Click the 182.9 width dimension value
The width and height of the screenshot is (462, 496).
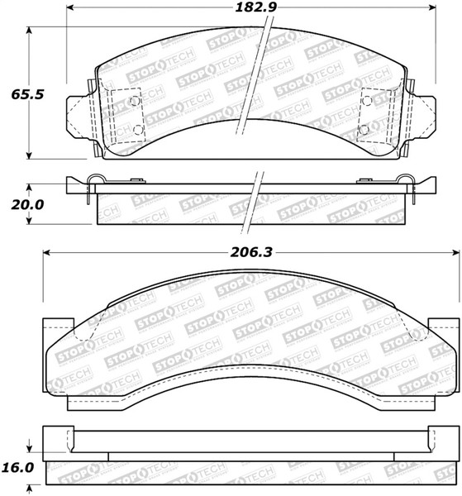(255, 7)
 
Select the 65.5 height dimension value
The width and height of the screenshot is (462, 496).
(27, 94)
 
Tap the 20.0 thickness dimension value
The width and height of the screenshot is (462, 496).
(27, 205)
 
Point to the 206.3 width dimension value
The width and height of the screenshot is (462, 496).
(251, 252)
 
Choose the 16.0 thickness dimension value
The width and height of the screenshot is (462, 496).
(17, 467)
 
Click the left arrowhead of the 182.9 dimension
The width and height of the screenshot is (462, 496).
(70, 7)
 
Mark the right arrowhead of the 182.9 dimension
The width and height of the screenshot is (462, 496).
(432, 7)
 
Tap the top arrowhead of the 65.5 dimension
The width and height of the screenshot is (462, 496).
(29, 31)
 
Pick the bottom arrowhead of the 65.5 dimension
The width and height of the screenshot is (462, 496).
(29, 155)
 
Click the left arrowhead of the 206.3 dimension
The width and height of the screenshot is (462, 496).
(46, 252)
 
